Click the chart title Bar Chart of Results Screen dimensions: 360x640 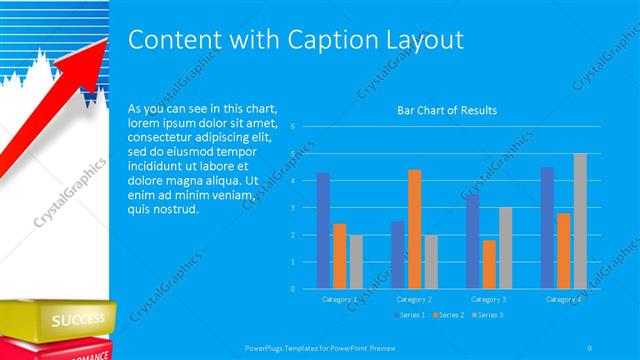(447, 110)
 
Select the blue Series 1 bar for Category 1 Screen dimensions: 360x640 (323, 230)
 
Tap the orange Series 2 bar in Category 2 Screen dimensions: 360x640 (414, 229)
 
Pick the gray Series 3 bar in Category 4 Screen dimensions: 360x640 (580, 221)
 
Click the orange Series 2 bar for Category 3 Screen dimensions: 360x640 (488, 264)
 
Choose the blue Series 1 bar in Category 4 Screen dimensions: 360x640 (547, 227)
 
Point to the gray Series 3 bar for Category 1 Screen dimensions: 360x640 (356, 261)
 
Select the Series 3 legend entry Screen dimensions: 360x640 (487, 315)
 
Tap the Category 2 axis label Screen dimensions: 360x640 (413, 299)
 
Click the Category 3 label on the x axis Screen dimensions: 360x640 (489, 299)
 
